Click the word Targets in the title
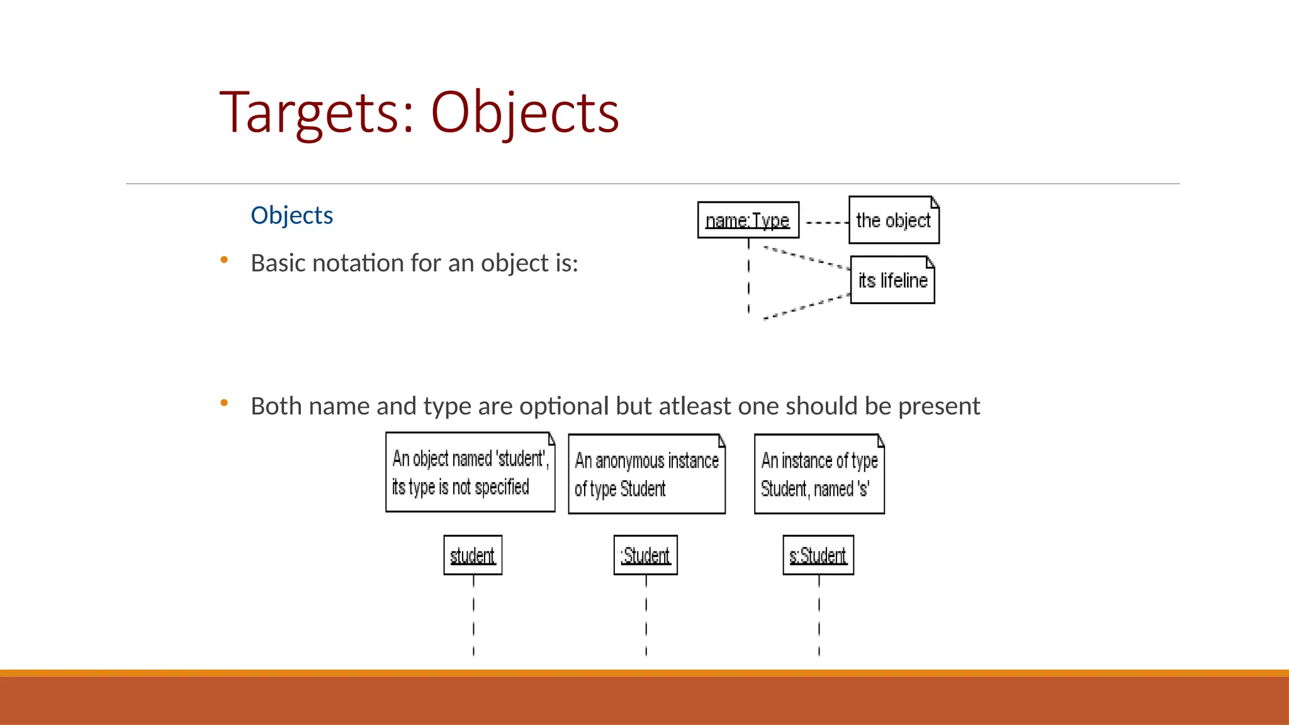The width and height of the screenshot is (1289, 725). point(308,113)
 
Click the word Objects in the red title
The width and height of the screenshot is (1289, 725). point(525,113)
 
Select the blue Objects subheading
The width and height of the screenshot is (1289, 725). point(291,215)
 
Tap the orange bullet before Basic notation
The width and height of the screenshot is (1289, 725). point(224,259)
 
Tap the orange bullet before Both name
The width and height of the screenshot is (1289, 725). point(224,402)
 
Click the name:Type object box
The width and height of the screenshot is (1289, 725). point(748,220)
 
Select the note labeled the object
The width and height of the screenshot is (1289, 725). point(893,220)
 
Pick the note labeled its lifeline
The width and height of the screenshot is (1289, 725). point(892,280)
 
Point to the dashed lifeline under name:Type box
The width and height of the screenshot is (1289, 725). point(748,277)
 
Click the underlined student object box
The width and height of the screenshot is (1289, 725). point(473,555)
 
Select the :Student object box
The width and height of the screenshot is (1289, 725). point(646,555)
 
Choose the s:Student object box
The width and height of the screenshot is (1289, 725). point(818,555)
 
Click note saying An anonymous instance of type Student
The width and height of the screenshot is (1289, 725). point(646,474)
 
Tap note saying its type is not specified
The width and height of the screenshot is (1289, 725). point(470,473)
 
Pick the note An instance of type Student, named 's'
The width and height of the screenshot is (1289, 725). point(819,474)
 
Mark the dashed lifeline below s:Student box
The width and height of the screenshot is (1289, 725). point(819,617)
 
